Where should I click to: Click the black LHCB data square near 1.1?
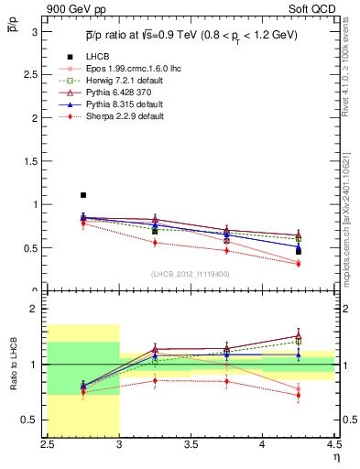82,195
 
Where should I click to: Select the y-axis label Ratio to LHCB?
13,365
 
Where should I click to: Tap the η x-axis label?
335,456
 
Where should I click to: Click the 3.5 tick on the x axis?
191,444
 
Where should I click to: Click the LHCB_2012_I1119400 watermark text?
190,274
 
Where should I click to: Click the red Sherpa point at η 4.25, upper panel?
298,264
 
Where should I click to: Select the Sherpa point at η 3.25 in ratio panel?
155,379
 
